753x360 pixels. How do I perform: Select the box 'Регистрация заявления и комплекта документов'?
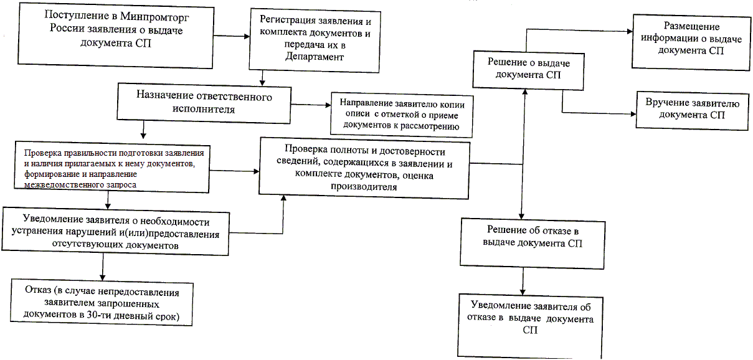point(315,40)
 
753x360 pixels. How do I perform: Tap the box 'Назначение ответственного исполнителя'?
point(204,102)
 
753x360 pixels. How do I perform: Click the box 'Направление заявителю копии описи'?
point(401,115)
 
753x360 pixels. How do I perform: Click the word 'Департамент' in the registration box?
point(315,57)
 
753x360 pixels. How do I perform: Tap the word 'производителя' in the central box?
point(364,187)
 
